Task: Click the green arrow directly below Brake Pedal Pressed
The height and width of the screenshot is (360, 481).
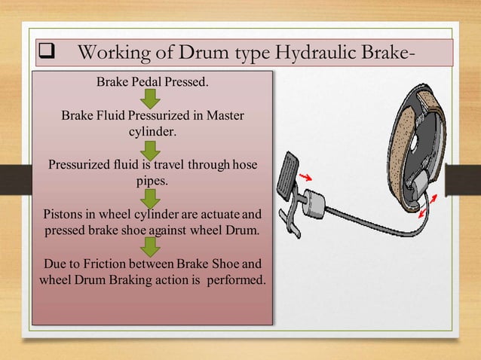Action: tap(152, 98)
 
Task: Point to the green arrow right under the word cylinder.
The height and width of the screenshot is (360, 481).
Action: tap(152, 149)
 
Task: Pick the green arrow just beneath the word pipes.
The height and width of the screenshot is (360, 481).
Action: tap(152, 197)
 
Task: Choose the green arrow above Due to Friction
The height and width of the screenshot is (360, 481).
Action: tap(152, 246)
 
